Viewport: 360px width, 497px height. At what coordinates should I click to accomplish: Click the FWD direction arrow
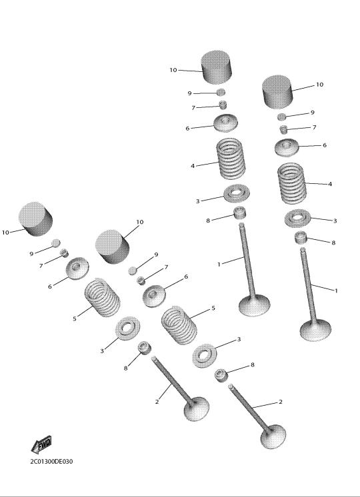(x=41, y=444)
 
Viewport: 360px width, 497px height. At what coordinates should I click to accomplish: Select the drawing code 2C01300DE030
(x=51, y=461)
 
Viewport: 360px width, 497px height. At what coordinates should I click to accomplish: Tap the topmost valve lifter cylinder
(x=216, y=67)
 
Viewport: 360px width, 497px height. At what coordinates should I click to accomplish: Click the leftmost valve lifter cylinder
(x=35, y=219)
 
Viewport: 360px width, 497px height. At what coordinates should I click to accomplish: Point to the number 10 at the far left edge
(x=5, y=233)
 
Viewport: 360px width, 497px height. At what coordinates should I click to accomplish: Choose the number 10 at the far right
(x=319, y=85)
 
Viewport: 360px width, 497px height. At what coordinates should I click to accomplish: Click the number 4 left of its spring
(x=193, y=166)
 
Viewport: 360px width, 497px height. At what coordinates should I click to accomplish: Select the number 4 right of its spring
(x=330, y=184)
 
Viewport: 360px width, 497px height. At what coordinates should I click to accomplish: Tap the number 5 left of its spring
(x=75, y=318)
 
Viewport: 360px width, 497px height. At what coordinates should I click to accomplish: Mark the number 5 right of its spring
(x=213, y=308)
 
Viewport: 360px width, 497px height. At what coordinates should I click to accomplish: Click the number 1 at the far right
(x=336, y=290)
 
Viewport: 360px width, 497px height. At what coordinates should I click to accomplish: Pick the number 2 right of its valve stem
(x=281, y=402)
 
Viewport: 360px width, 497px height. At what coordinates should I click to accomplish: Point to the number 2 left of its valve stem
(x=157, y=402)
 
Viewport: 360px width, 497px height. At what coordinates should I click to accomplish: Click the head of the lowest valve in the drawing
(x=273, y=437)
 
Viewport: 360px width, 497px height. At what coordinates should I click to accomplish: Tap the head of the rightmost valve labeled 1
(x=315, y=330)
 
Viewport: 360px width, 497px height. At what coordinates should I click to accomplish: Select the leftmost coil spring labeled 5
(x=102, y=297)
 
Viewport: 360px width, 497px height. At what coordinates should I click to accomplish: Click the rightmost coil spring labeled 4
(x=292, y=183)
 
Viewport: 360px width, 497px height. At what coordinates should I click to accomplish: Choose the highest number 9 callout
(x=190, y=93)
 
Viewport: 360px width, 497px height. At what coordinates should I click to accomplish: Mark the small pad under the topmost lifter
(x=221, y=92)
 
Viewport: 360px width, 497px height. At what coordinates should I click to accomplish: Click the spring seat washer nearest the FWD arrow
(x=127, y=328)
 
